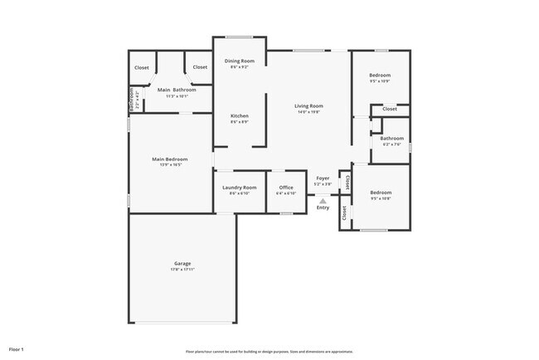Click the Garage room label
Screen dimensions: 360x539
[x=182, y=264]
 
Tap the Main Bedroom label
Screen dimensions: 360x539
[x=169, y=159]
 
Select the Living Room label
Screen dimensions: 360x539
[x=308, y=106]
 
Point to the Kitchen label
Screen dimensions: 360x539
[x=240, y=116]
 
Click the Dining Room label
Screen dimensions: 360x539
[x=240, y=61]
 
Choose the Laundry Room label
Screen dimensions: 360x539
[x=239, y=187]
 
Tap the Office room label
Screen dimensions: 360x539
[x=286, y=187]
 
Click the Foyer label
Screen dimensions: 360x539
[x=323, y=178]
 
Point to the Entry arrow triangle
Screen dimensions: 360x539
[x=323, y=200]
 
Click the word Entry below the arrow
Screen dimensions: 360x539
[x=323, y=207]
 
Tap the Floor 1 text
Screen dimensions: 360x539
[x=17, y=349]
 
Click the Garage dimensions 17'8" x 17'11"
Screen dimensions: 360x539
[x=182, y=270]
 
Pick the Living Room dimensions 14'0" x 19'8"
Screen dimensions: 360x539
[x=308, y=113]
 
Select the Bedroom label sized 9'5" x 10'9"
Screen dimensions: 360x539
[x=380, y=75]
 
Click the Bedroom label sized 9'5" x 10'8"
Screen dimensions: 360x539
[x=381, y=192]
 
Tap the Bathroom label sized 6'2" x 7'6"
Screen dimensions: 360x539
[x=392, y=139]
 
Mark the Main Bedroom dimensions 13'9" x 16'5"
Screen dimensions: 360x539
[x=169, y=165]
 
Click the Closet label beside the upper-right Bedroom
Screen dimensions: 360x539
[x=389, y=109]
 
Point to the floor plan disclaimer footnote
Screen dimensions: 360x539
[x=269, y=351]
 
